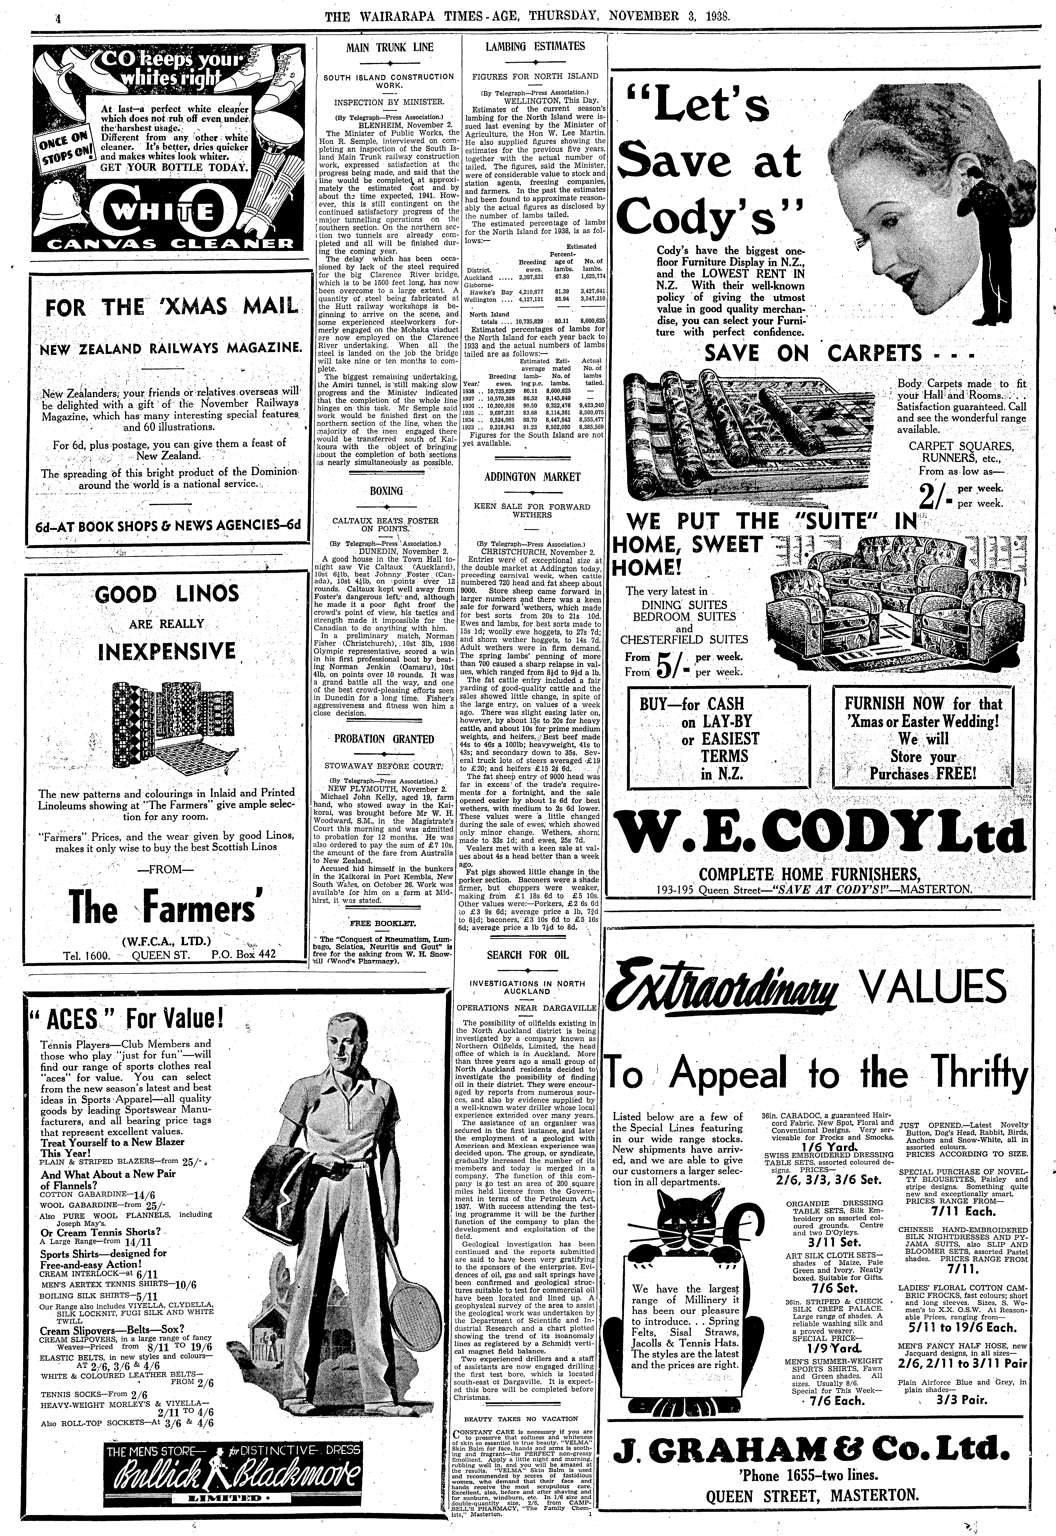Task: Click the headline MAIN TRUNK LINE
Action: tap(390, 48)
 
